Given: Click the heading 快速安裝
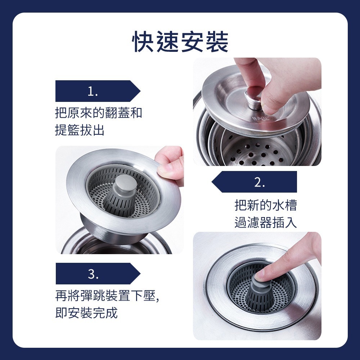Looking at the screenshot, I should click(x=180, y=42).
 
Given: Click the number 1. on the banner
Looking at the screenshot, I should click(x=93, y=92).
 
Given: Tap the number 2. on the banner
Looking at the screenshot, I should click(x=259, y=182).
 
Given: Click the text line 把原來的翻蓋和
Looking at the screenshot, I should click(x=98, y=113).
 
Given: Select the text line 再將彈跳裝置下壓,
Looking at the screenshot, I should click(x=107, y=296).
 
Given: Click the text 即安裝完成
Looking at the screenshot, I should click(x=86, y=313).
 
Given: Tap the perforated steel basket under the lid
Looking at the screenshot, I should click(x=259, y=151).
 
